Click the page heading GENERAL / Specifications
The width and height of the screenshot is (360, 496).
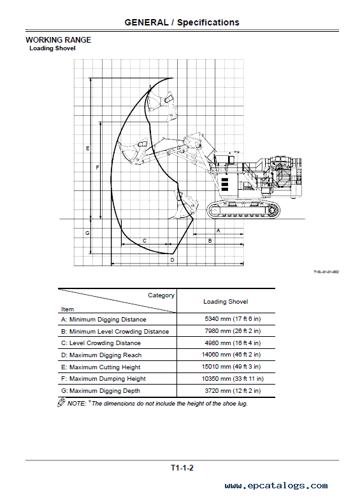182,22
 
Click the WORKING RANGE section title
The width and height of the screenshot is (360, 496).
58,40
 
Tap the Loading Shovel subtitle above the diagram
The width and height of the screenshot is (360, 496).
52,48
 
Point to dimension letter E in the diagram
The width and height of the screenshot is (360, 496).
88,148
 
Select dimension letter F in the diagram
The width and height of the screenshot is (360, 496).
97,167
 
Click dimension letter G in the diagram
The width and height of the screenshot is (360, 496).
87,233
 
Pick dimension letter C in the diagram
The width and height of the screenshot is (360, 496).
145,241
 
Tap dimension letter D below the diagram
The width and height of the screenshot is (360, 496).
172,260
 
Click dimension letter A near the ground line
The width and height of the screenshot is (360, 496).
218,230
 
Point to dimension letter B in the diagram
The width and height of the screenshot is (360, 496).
210,241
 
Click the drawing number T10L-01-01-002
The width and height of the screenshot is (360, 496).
326,272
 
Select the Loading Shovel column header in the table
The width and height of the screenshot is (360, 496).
226,302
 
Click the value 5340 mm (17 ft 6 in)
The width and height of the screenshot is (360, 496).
233,319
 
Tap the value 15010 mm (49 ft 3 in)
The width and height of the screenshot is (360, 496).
231,367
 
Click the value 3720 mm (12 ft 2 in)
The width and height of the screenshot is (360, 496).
233,391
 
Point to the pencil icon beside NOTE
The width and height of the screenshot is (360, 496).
61,402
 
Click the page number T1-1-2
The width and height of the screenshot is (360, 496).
182,468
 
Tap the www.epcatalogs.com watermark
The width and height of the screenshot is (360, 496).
276,486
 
